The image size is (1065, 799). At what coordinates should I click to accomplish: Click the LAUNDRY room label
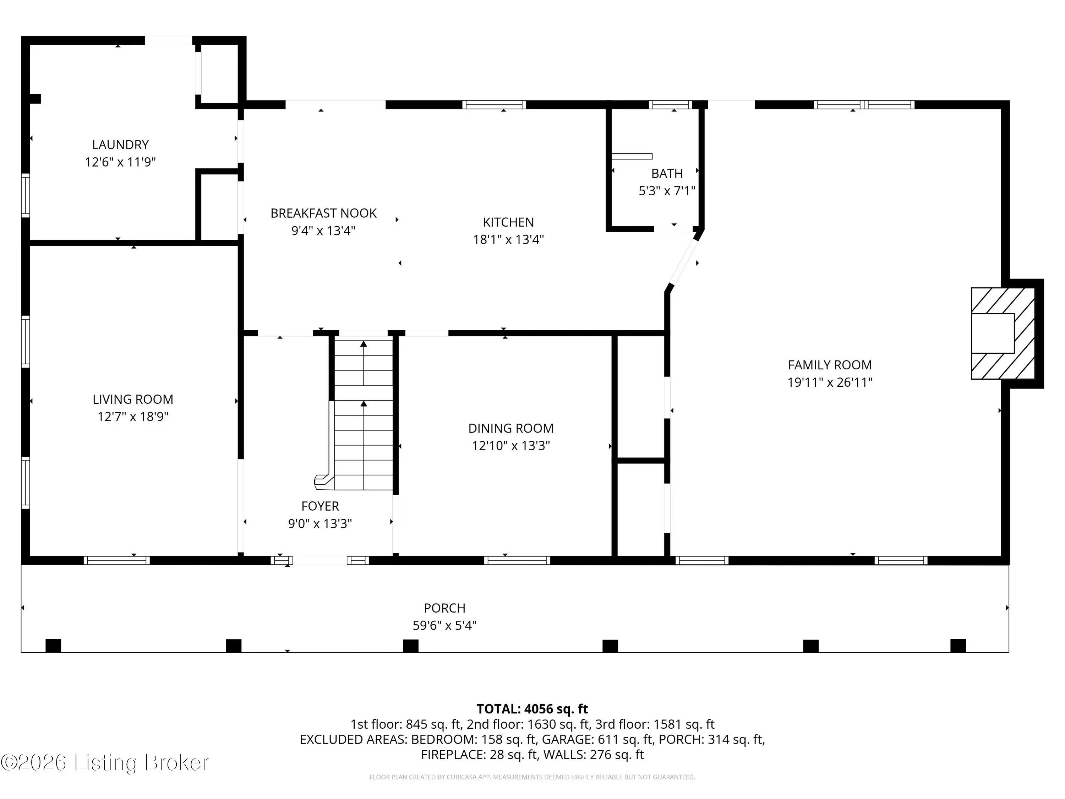(120, 145)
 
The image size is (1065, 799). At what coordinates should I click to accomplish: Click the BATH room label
(667, 173)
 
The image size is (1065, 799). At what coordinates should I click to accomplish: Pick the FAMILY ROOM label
(830, 365)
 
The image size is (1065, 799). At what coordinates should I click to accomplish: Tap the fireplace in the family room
(1003, 333)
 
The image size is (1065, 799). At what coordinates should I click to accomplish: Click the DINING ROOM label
(511, 428)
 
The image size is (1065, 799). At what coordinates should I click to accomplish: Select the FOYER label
(320, 506)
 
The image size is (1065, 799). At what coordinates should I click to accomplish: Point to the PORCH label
(444, 608)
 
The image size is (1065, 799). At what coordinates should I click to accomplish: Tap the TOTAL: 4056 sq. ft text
(532, 709)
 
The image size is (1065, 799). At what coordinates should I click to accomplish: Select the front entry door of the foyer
(320, 561)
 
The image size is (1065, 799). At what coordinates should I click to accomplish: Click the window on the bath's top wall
(670, 104)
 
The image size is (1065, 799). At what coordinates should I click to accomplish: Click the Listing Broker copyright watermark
(105, 762)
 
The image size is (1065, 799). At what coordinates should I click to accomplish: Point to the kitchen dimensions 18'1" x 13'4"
(508, 240)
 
